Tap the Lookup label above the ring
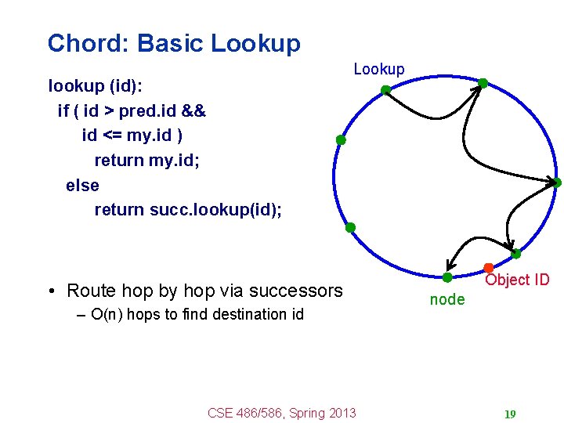point(379,69)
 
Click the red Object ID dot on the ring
point(488,268)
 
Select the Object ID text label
point(517,280)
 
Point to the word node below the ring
point(447,299)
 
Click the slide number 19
point(510,414)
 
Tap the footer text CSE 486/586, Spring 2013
point(281,413)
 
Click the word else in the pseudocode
point(82,186)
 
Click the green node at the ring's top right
point(483,82)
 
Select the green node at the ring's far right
point(557,183)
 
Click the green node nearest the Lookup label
point(385,90)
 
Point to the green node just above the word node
point(446,277)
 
